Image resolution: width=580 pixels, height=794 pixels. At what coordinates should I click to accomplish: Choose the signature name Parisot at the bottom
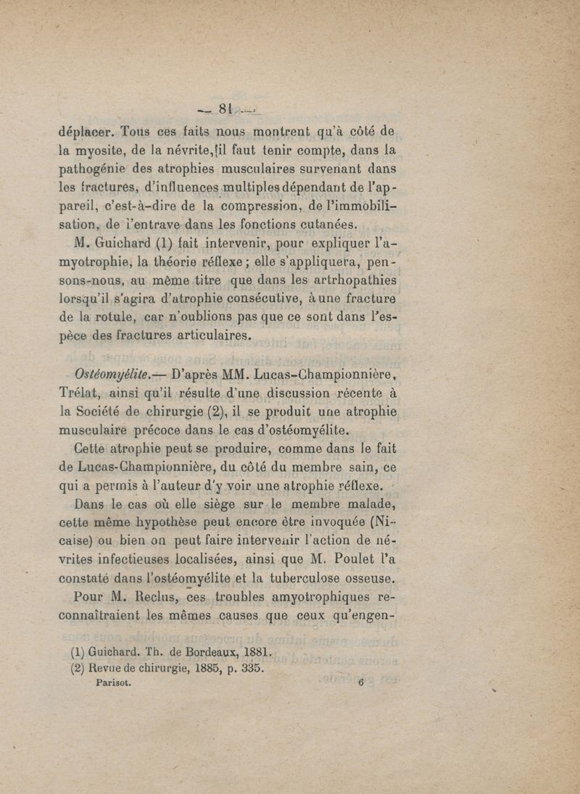coord(115,681)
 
